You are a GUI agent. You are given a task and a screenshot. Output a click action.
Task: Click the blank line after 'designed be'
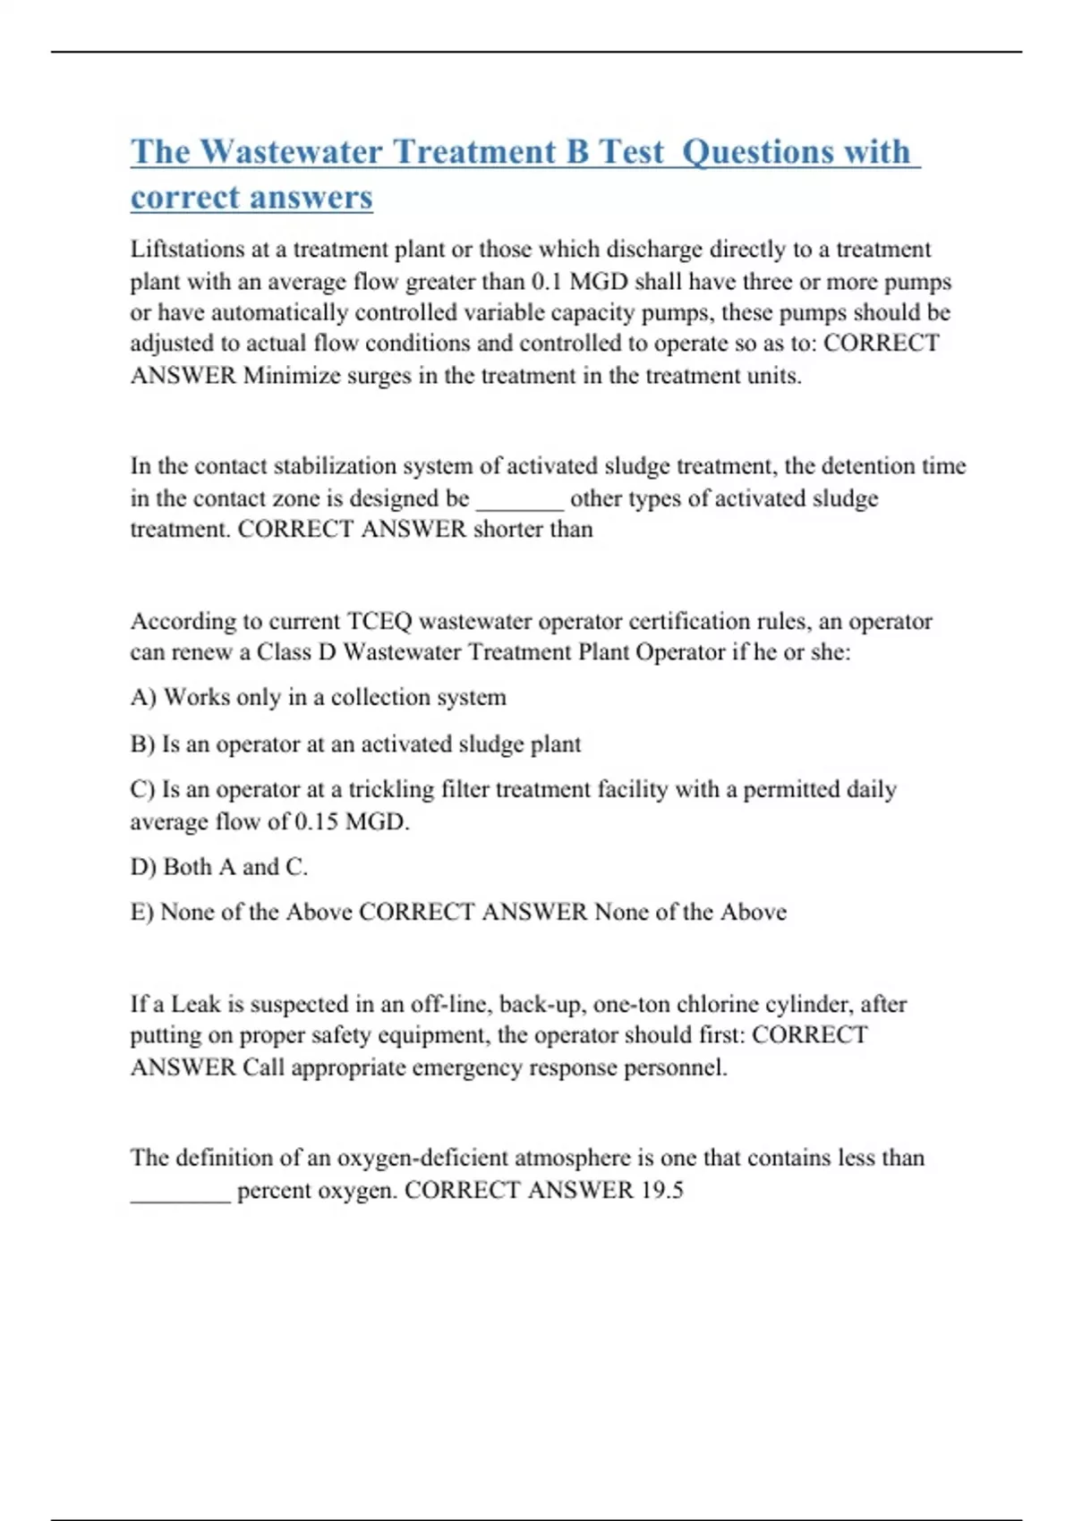click(x=519, y=499)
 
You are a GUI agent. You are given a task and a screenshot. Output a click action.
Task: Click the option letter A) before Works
click(x=143, y=697)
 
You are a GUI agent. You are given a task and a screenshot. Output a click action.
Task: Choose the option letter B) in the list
click(x=142, y=744)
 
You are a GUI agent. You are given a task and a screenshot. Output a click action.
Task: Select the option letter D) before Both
click(x=143, y=866)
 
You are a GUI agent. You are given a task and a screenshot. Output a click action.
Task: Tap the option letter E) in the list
click(x=142, y=912)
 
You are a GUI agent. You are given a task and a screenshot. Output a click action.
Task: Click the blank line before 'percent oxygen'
click(x=181, y=1192)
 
